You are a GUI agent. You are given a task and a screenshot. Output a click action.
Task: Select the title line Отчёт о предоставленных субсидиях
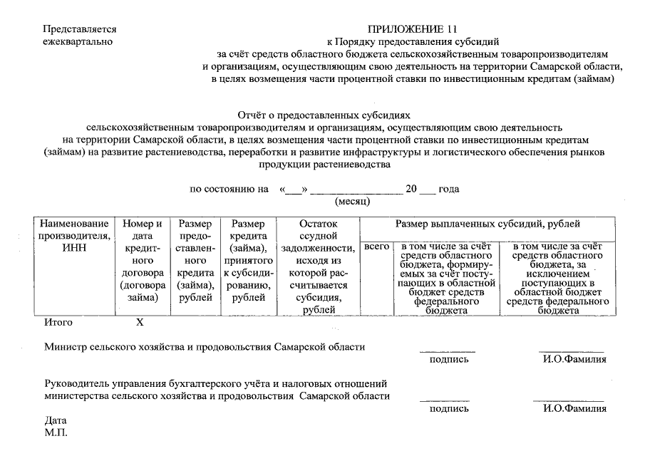pyautogui.click(x=324, y=114)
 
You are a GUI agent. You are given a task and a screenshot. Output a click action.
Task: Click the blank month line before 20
pyautogui.click(x=356, y=190)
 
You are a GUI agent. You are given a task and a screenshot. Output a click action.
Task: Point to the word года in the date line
pyautogui.click(x=448, y=190)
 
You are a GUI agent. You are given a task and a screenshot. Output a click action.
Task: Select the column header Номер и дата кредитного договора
pyautogui.click(x=143, y=261)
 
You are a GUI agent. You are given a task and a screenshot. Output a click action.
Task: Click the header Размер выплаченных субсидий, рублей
pyautogui.click(x=488, y=224)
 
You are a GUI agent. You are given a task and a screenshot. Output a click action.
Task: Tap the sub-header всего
pyautogui.click(x=376, y=247)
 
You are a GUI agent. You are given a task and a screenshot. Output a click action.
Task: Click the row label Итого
pyautogui.click(x=58, y=322)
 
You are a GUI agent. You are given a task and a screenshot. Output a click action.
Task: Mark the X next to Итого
pyautogui.click(x=140, y=322)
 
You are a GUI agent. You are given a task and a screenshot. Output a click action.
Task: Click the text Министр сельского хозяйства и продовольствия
pyautogui.click(x=205, y=347)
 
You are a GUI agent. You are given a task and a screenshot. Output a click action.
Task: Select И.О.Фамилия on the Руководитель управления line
pyautogui.click(x=574, y=409)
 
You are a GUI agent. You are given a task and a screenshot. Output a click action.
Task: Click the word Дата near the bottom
pyautogui.click(x=55, y=420)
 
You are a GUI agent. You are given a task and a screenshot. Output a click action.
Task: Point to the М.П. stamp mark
pyautogui.click(x=56, y=433)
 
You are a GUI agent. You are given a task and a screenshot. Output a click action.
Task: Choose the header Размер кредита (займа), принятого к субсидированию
pyautogui.click(x=249, y=261)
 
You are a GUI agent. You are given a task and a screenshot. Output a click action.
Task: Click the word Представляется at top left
pyautogui.click(x=79, y=29)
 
